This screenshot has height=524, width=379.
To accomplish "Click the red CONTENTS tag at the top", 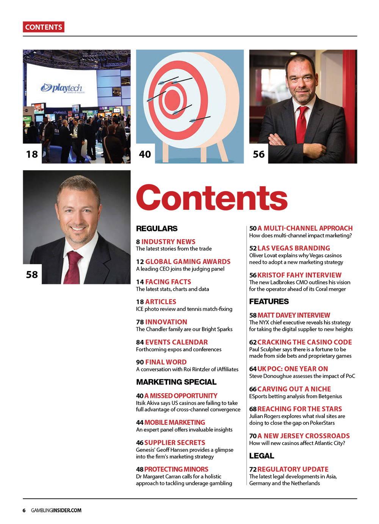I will (44, 27).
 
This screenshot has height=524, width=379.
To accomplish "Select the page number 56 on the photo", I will (258, 154).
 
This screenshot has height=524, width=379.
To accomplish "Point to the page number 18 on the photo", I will (32, 154).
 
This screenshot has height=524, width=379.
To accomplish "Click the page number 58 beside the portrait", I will (32, 274).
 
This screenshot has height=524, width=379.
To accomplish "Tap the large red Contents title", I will (212, 197).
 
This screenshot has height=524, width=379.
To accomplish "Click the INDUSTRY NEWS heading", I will (168, 242).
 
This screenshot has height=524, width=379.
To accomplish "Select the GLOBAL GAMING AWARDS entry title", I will (188, 262).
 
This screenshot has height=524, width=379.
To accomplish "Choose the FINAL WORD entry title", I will (166, 362).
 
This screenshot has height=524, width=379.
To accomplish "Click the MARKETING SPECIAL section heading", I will (176, 382).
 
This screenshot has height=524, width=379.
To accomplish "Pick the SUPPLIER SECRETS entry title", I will (175, 443).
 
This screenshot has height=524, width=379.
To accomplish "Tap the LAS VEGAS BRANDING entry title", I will (294, 248).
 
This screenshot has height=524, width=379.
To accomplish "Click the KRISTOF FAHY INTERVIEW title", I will (299, 275).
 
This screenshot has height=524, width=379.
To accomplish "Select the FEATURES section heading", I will (269, 302).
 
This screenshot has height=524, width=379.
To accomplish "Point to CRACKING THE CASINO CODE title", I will (305, 342).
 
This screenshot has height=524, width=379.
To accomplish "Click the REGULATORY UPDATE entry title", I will (293, 469).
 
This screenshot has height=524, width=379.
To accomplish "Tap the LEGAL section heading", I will (262, 456).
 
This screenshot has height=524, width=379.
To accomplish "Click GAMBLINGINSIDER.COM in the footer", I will (56, 510).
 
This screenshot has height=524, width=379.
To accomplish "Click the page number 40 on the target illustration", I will (145, 154).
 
